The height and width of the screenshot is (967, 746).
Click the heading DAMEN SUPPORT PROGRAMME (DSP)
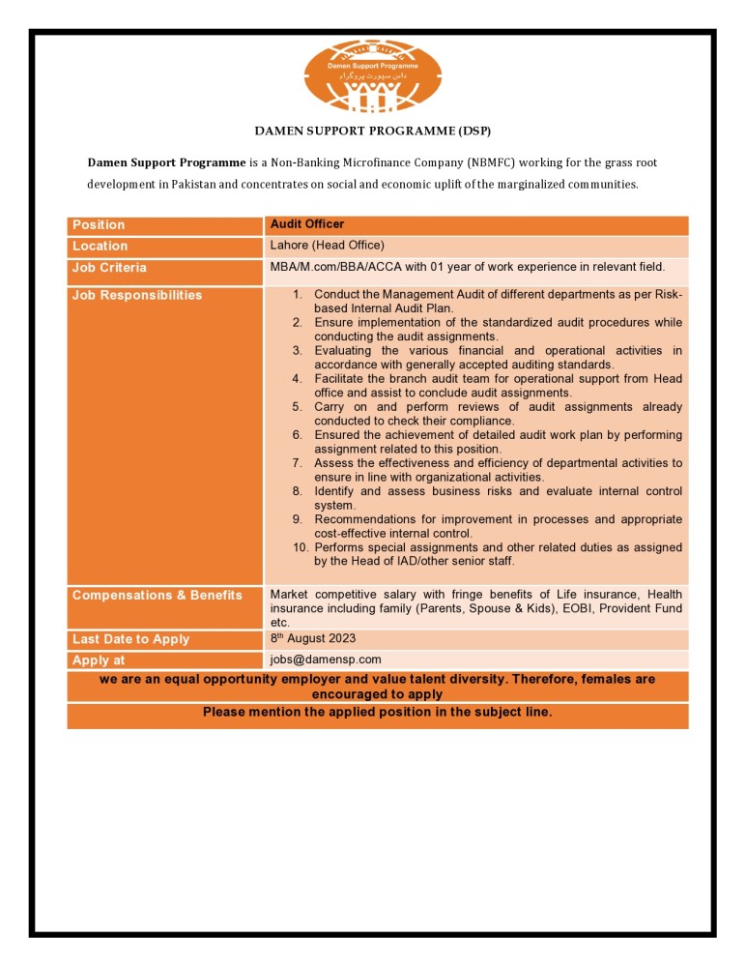tap(372, 130)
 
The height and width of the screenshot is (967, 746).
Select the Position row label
tap(99, 225)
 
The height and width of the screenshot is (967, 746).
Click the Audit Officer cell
tap(306, 224)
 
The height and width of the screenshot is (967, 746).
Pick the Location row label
tap(100, 247)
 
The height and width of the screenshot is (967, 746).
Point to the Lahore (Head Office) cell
tap(327, 246)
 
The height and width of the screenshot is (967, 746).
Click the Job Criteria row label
tap(109, 268)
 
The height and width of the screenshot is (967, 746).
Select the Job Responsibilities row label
tap(137, 295)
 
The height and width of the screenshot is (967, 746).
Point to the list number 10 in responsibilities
tap(300, 547)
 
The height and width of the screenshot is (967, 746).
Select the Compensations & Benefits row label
tap(158, 595)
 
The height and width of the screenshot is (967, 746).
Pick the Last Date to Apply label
tap(130, 639)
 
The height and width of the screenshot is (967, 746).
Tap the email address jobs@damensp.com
tap(326, 659)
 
